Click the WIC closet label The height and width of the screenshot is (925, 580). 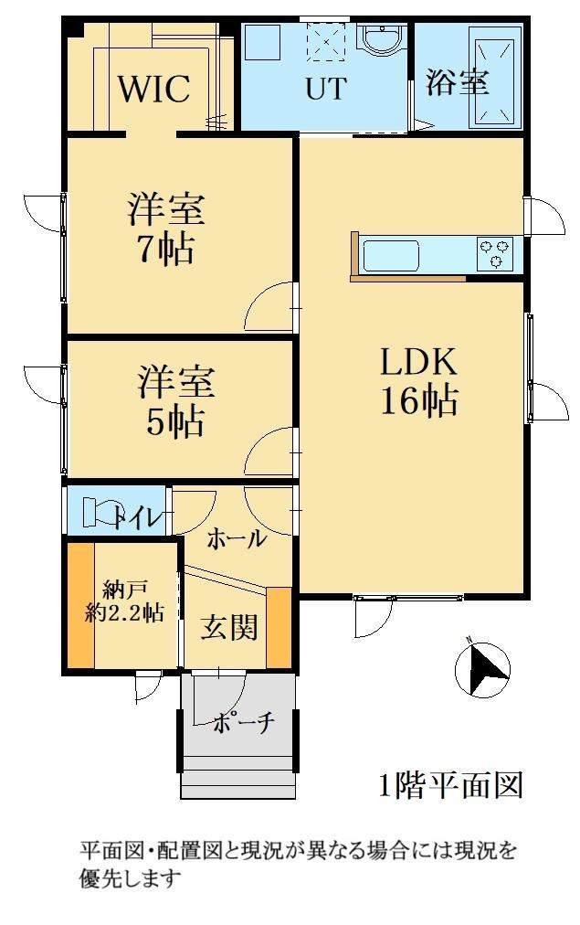[x=153, y=89]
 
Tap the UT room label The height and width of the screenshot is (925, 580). [x=325, y=89]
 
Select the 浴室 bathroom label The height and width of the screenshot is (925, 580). [x=458, y=81]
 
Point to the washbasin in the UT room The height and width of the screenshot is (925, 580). [x=382, y=42]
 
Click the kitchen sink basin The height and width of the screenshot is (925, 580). [x=391, y=255]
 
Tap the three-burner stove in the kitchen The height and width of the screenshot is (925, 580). [x=494, y=254]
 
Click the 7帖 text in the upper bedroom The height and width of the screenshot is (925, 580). [x=165, y=250]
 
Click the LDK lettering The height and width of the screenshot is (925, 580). [x=418, y=362]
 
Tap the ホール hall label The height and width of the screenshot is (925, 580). [x=237, y=537]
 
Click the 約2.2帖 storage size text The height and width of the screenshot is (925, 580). [x=124, y=613]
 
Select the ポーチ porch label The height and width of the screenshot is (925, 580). [x=243, y=722]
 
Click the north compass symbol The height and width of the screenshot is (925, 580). [x=482, y=669]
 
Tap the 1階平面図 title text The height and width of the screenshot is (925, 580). [x=451, y=786]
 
